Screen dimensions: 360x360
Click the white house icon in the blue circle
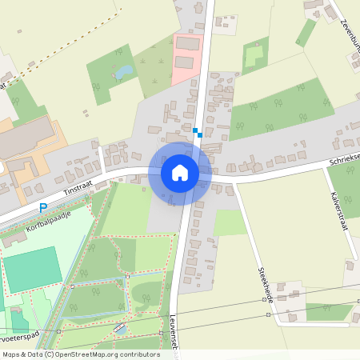(x=179, y=172)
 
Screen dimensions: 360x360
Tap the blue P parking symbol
(x=43, y=207)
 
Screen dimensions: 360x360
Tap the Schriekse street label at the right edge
(x=344, y=162)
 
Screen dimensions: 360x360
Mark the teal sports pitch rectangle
(x=32, y=270)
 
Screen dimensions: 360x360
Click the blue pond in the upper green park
(x=124, y=73)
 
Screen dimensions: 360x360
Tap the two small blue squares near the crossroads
(x=198, y=132)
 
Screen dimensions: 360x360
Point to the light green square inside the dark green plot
(x=254, y=56)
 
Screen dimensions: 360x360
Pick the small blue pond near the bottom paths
(x=121, y=329)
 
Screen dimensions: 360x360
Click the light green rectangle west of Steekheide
(x=229, y=222)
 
